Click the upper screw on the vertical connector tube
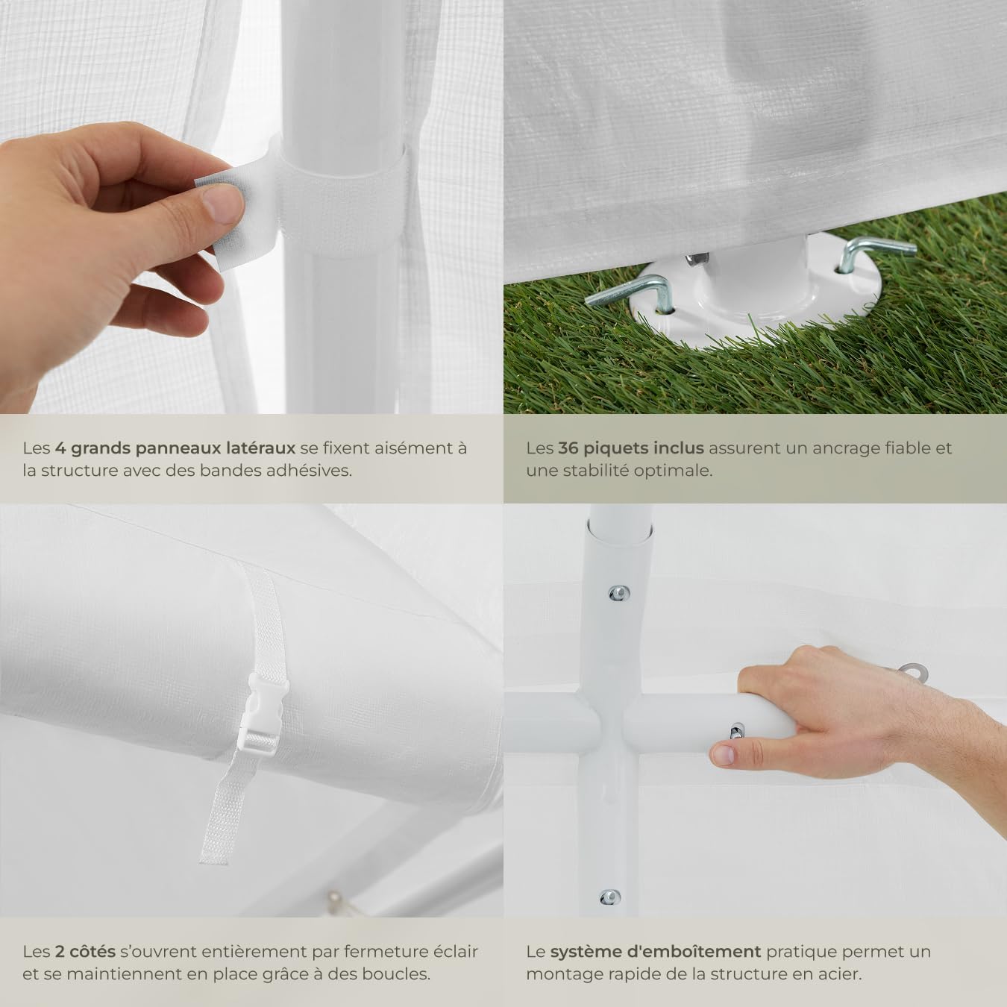[x=618, y=594]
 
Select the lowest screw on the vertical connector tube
[x=609, y=897]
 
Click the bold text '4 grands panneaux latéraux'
[x=175, y=448]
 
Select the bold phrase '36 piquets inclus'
[x=630, y=448]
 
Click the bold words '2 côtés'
[x=85, y=952]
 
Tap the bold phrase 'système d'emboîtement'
[x=655, y=952]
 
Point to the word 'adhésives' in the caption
[x=314, y=471]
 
